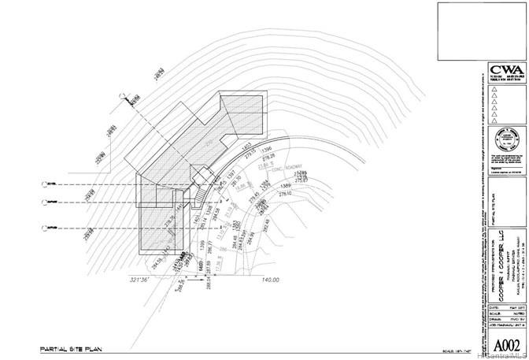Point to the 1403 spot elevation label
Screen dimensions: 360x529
(247, 146)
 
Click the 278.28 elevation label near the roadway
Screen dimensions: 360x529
(268, 158)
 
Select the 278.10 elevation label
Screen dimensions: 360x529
(284, 194)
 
